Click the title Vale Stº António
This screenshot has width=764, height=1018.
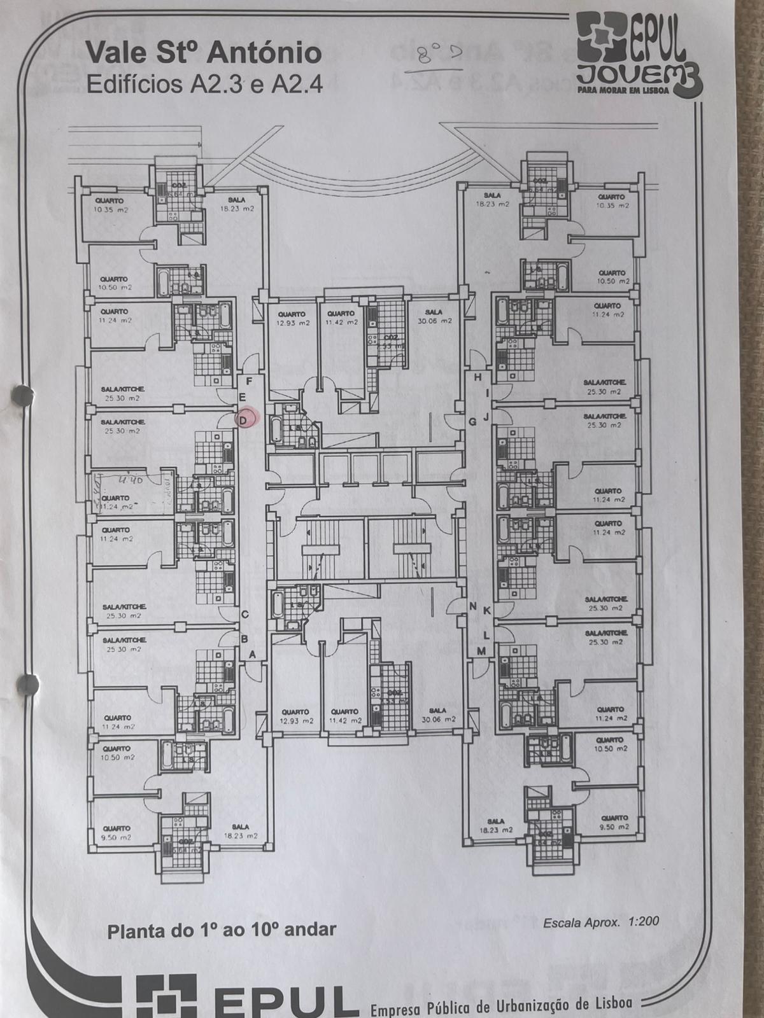[203, 53]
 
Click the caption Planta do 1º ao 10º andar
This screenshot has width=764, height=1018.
[221, 930]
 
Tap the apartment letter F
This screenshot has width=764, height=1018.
[250, 381]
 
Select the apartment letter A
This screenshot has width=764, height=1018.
[252, 653]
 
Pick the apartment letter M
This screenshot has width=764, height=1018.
[481, 650]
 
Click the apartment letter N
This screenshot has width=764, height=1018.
[473, 606]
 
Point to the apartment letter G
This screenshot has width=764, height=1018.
[472, 421]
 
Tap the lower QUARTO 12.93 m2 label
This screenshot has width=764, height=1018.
[294, 716]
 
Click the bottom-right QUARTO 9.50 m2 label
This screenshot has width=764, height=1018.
[614, 821]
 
